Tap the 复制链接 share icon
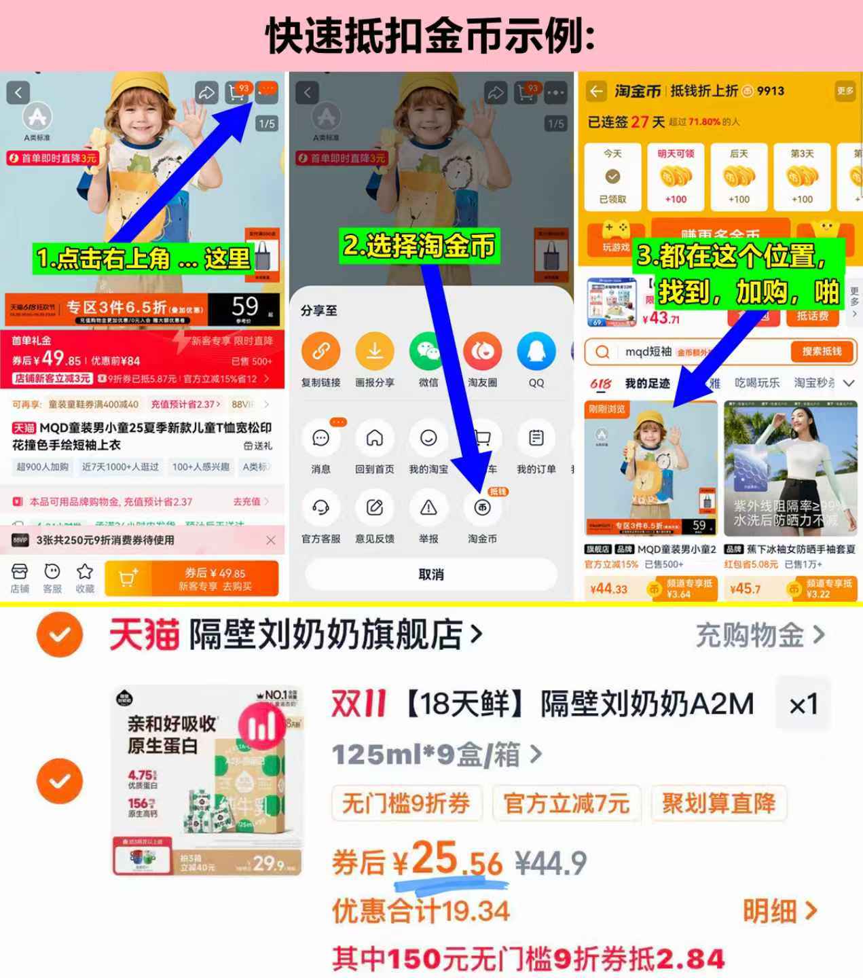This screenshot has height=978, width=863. [x=320, y=352]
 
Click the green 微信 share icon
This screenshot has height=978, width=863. [x=428, y=352]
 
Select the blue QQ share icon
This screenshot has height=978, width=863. [x=536, y=352]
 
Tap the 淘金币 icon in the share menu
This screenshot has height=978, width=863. [x=482, y=508]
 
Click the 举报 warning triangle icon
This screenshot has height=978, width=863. [x=428, y=508]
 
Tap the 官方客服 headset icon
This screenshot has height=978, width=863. [x=320, y=508]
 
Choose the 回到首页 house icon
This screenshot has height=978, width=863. [x=374, y=439]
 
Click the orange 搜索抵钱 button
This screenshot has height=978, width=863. [x=822, y=351]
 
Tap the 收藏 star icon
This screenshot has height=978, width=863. [x=85, y=572]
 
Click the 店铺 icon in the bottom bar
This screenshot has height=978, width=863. [x=20, y=572]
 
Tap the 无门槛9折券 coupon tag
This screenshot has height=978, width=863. [x=406, y=803]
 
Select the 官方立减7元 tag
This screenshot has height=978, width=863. [x=566, y=803]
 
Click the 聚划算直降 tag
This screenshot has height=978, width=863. [x=718, y=803]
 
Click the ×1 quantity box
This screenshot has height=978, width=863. [x=803, y=705]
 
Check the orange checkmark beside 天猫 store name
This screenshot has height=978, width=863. [x=60, y=635]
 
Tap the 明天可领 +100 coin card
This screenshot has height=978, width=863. [x=676, y=177]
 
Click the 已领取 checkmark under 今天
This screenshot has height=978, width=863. [x=612, y=177]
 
